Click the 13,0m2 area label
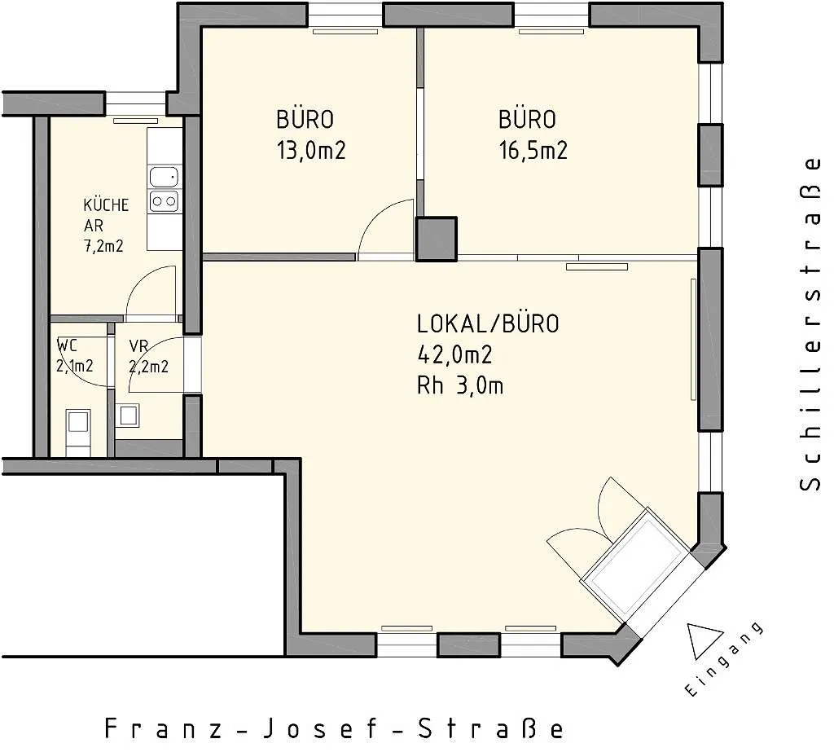pos(311,151)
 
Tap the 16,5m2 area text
pos(533,151)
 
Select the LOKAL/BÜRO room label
pos(489,324)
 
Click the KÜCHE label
pos(106,204)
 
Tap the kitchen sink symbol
pos(164,177)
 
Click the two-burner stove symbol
pos(164,201)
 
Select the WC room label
pos(67,346)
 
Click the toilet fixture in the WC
pos(77,432)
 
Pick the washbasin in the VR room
pos(128,416)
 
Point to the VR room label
pos(138,346)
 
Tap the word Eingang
pos(724,659)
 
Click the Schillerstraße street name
pos(810,323)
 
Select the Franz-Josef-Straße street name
pos(333,728)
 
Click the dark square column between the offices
pos(437,239)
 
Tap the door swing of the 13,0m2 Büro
pos(385,230)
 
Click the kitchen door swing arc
pos(151,292)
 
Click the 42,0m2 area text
pos(454,355)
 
